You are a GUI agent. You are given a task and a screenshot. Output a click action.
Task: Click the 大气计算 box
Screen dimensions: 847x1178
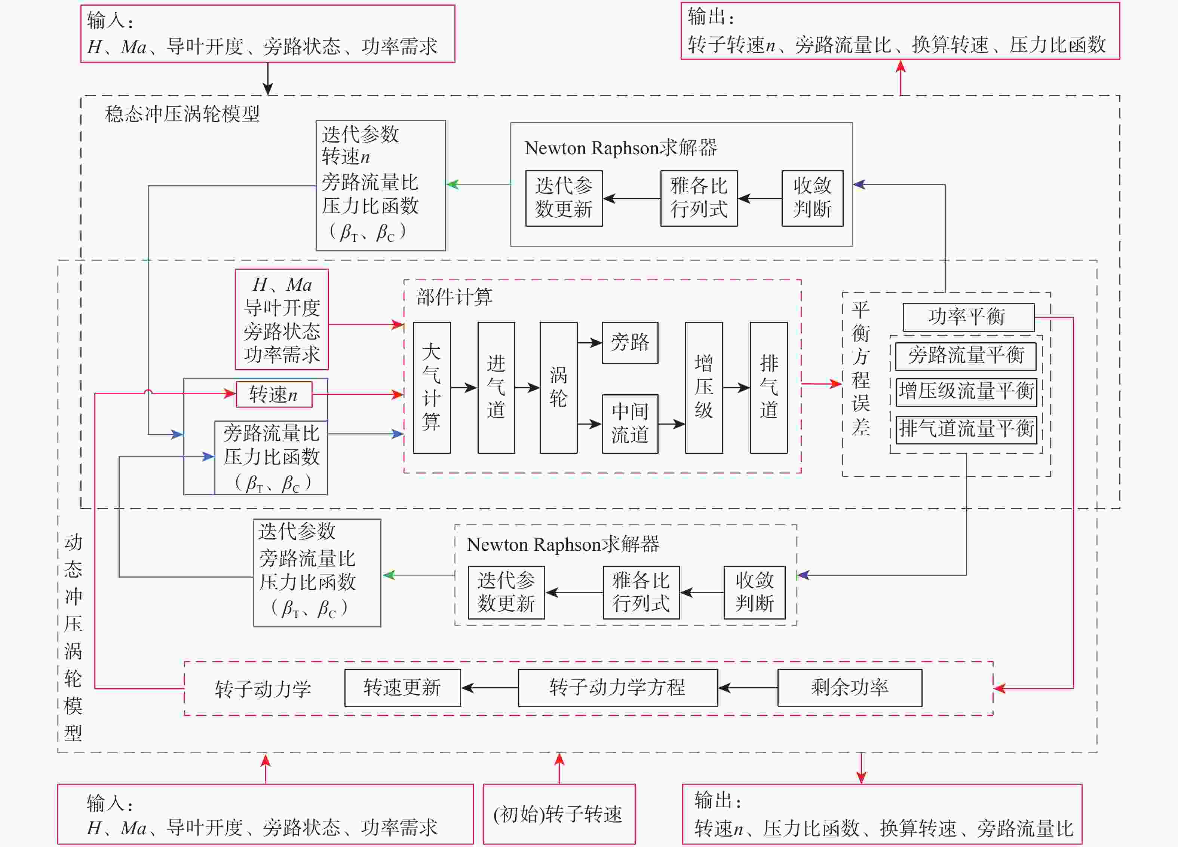click(x=432, y=388)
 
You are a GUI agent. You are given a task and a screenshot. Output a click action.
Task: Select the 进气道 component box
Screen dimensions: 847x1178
click(x=496, y=388)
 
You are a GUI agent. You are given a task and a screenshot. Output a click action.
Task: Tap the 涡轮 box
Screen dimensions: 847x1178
click(x=558, y=388)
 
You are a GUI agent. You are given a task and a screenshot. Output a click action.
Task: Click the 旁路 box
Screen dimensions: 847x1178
click(x=630, y=342)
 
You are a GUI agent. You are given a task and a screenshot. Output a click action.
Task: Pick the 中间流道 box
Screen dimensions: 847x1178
click(x=630, y=424)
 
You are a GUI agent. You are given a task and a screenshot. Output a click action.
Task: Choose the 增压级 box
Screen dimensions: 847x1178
click(x=704, y=388)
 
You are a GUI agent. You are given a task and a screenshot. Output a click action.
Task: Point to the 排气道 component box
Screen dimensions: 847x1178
click(x=769, y=388)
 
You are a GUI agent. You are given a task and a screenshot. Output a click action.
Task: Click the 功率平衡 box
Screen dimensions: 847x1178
click(x=969, y=317)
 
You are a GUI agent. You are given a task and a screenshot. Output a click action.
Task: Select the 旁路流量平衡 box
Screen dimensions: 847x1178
click(x=966, y=356)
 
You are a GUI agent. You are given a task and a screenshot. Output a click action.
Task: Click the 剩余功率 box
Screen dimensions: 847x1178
click(x=850, y=688)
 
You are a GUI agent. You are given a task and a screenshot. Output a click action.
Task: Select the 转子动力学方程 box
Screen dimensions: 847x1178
click(x=617, y=688)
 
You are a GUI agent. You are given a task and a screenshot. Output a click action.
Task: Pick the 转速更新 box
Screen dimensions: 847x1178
click(x=402, y=688)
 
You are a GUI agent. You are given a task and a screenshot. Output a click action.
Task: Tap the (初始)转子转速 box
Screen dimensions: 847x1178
click(x=559, y=814)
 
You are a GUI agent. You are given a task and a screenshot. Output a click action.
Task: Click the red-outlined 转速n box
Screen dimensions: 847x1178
click(x=274, y=394)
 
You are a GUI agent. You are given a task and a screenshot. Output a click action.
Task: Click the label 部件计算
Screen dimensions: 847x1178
click(x=454, y=297)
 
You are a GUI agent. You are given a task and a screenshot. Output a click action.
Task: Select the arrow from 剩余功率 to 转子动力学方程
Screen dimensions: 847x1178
click(x=748, y=688)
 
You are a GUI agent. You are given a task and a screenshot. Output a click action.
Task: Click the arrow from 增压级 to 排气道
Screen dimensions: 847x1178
click(x=736, y=388)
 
